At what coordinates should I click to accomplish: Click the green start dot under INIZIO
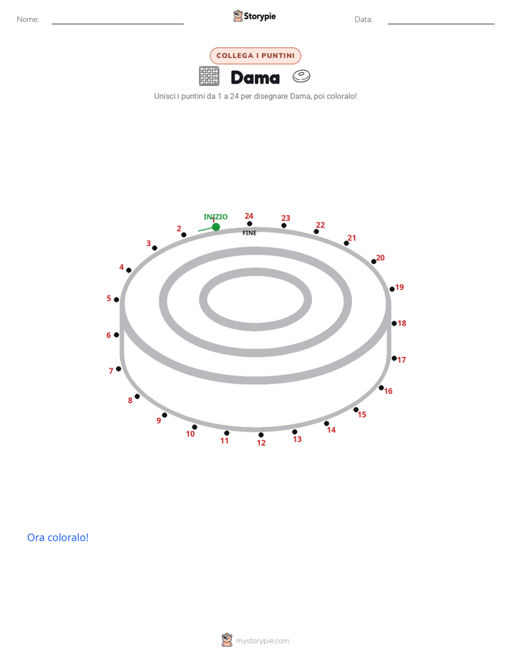216,227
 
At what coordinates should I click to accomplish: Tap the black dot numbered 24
250,224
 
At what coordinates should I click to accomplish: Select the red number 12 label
261,443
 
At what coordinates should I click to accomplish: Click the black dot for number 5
117,300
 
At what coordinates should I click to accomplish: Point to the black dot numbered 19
392,289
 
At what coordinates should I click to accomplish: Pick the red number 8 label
130,401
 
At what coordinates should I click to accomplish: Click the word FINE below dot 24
250,232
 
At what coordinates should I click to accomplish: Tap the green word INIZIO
215,217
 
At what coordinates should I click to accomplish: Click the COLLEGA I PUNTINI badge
255,56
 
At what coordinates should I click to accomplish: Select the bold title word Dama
255,78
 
